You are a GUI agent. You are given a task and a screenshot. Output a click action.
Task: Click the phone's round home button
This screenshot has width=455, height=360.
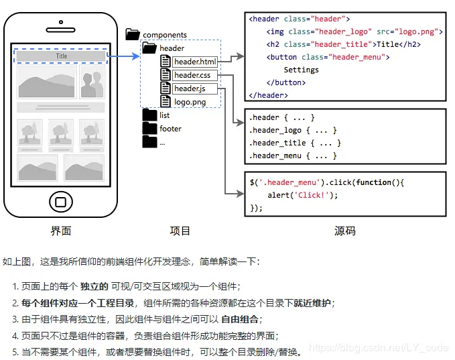(x=61, y=202)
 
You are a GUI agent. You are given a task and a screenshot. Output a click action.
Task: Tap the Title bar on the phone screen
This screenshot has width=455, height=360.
(x=61, y=56)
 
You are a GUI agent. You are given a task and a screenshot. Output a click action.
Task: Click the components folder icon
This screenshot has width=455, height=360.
(x=133, y=34)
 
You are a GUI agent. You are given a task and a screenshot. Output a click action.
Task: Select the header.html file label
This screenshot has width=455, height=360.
(x=195, y=62)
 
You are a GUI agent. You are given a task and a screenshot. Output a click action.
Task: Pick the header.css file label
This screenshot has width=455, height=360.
(x=192, y=75)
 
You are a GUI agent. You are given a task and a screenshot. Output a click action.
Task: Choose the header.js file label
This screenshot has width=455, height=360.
(x=189, y=88)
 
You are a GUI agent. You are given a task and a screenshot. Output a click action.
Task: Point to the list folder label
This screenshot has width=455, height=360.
(x=165, y=115)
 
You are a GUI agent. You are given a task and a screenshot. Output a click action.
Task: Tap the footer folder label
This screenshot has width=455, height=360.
(x=170, y=129)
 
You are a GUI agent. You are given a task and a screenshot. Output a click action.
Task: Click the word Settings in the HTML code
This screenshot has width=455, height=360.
(x=301, y=70)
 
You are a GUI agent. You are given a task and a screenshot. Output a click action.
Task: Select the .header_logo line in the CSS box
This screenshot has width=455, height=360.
(x=293, y=130)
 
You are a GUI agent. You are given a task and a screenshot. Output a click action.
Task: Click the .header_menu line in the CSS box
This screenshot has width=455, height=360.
(x=293, y=156)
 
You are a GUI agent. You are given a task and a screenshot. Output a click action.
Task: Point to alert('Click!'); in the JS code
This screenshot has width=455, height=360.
(x=302, y=195)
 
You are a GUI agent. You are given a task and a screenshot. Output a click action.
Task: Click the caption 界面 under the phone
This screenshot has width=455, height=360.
(x=61, y=231)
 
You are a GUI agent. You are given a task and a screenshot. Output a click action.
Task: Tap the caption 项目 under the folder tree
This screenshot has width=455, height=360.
(x=180, y=231)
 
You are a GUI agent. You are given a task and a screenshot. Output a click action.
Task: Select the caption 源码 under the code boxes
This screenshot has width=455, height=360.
(x=344, y=231)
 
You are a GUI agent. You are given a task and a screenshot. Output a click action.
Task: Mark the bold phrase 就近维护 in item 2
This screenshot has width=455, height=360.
(x=312, y=303)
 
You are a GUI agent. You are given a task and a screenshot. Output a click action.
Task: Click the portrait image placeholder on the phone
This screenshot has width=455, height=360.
(x=92, y=82)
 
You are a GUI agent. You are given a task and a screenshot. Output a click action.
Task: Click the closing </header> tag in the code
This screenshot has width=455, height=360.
(x=268, y=95)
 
